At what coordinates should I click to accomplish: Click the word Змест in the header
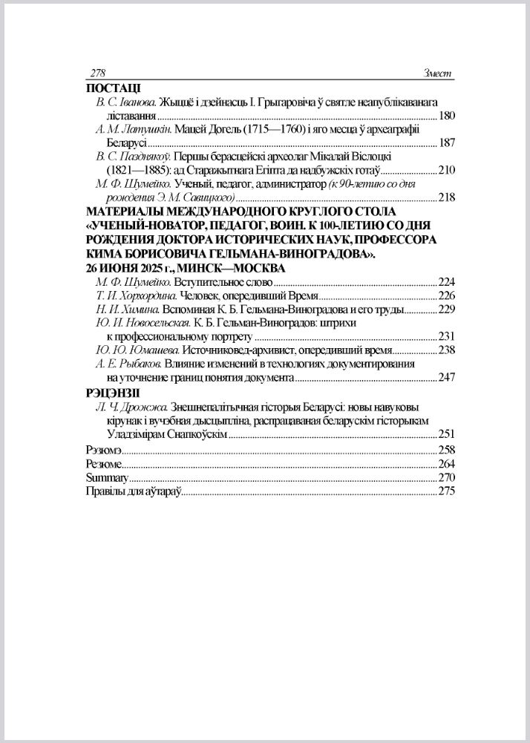point(437,73)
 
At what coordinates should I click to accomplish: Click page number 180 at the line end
point(447,116)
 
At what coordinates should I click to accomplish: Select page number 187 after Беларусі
point(447,143)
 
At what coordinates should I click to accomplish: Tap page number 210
point(447,170)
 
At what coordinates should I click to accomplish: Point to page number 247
point(447,377)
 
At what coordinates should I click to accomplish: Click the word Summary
point(107,477)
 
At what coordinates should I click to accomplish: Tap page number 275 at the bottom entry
point(447,491)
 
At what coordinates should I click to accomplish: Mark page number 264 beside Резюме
point(447,464)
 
